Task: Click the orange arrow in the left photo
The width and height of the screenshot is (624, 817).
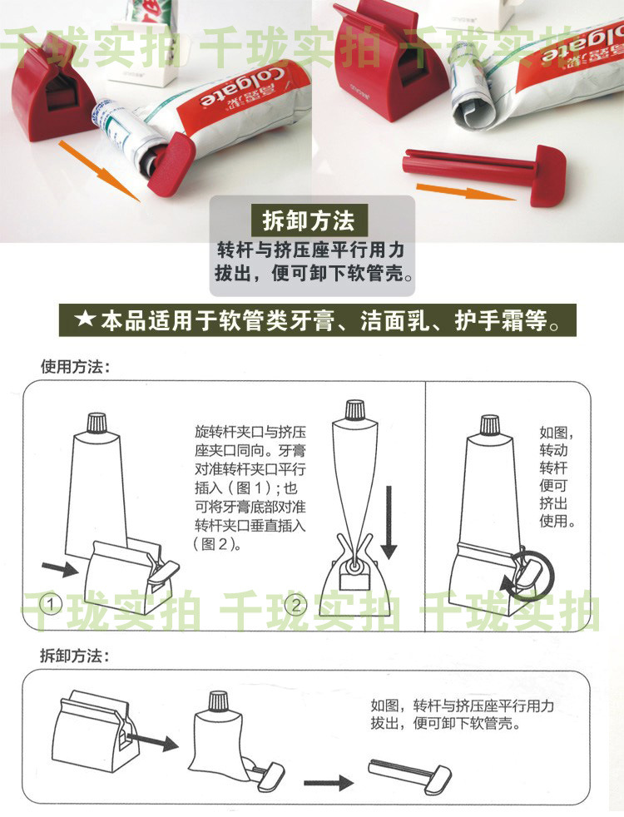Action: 99,170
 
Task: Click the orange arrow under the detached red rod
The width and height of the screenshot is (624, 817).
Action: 466,191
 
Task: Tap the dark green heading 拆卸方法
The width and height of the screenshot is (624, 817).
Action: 309,221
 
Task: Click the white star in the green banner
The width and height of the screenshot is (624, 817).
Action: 84,319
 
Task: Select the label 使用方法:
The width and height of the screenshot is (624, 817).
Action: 75,366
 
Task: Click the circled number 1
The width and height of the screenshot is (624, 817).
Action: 51,604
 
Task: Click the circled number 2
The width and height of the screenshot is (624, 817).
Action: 296,605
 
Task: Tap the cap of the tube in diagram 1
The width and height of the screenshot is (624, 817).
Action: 97,422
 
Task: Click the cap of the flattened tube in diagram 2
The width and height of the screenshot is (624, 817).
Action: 355,409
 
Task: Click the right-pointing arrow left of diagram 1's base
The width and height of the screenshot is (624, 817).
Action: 60,568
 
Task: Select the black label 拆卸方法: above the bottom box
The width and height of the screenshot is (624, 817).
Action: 75,656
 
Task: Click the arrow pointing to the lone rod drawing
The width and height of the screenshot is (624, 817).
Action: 328,782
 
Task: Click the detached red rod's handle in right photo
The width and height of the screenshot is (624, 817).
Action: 547,176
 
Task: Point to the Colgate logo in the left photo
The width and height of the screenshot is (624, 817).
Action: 244,86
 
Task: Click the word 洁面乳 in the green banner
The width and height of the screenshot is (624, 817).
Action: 395,320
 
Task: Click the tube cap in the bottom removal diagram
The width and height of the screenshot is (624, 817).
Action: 218,701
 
